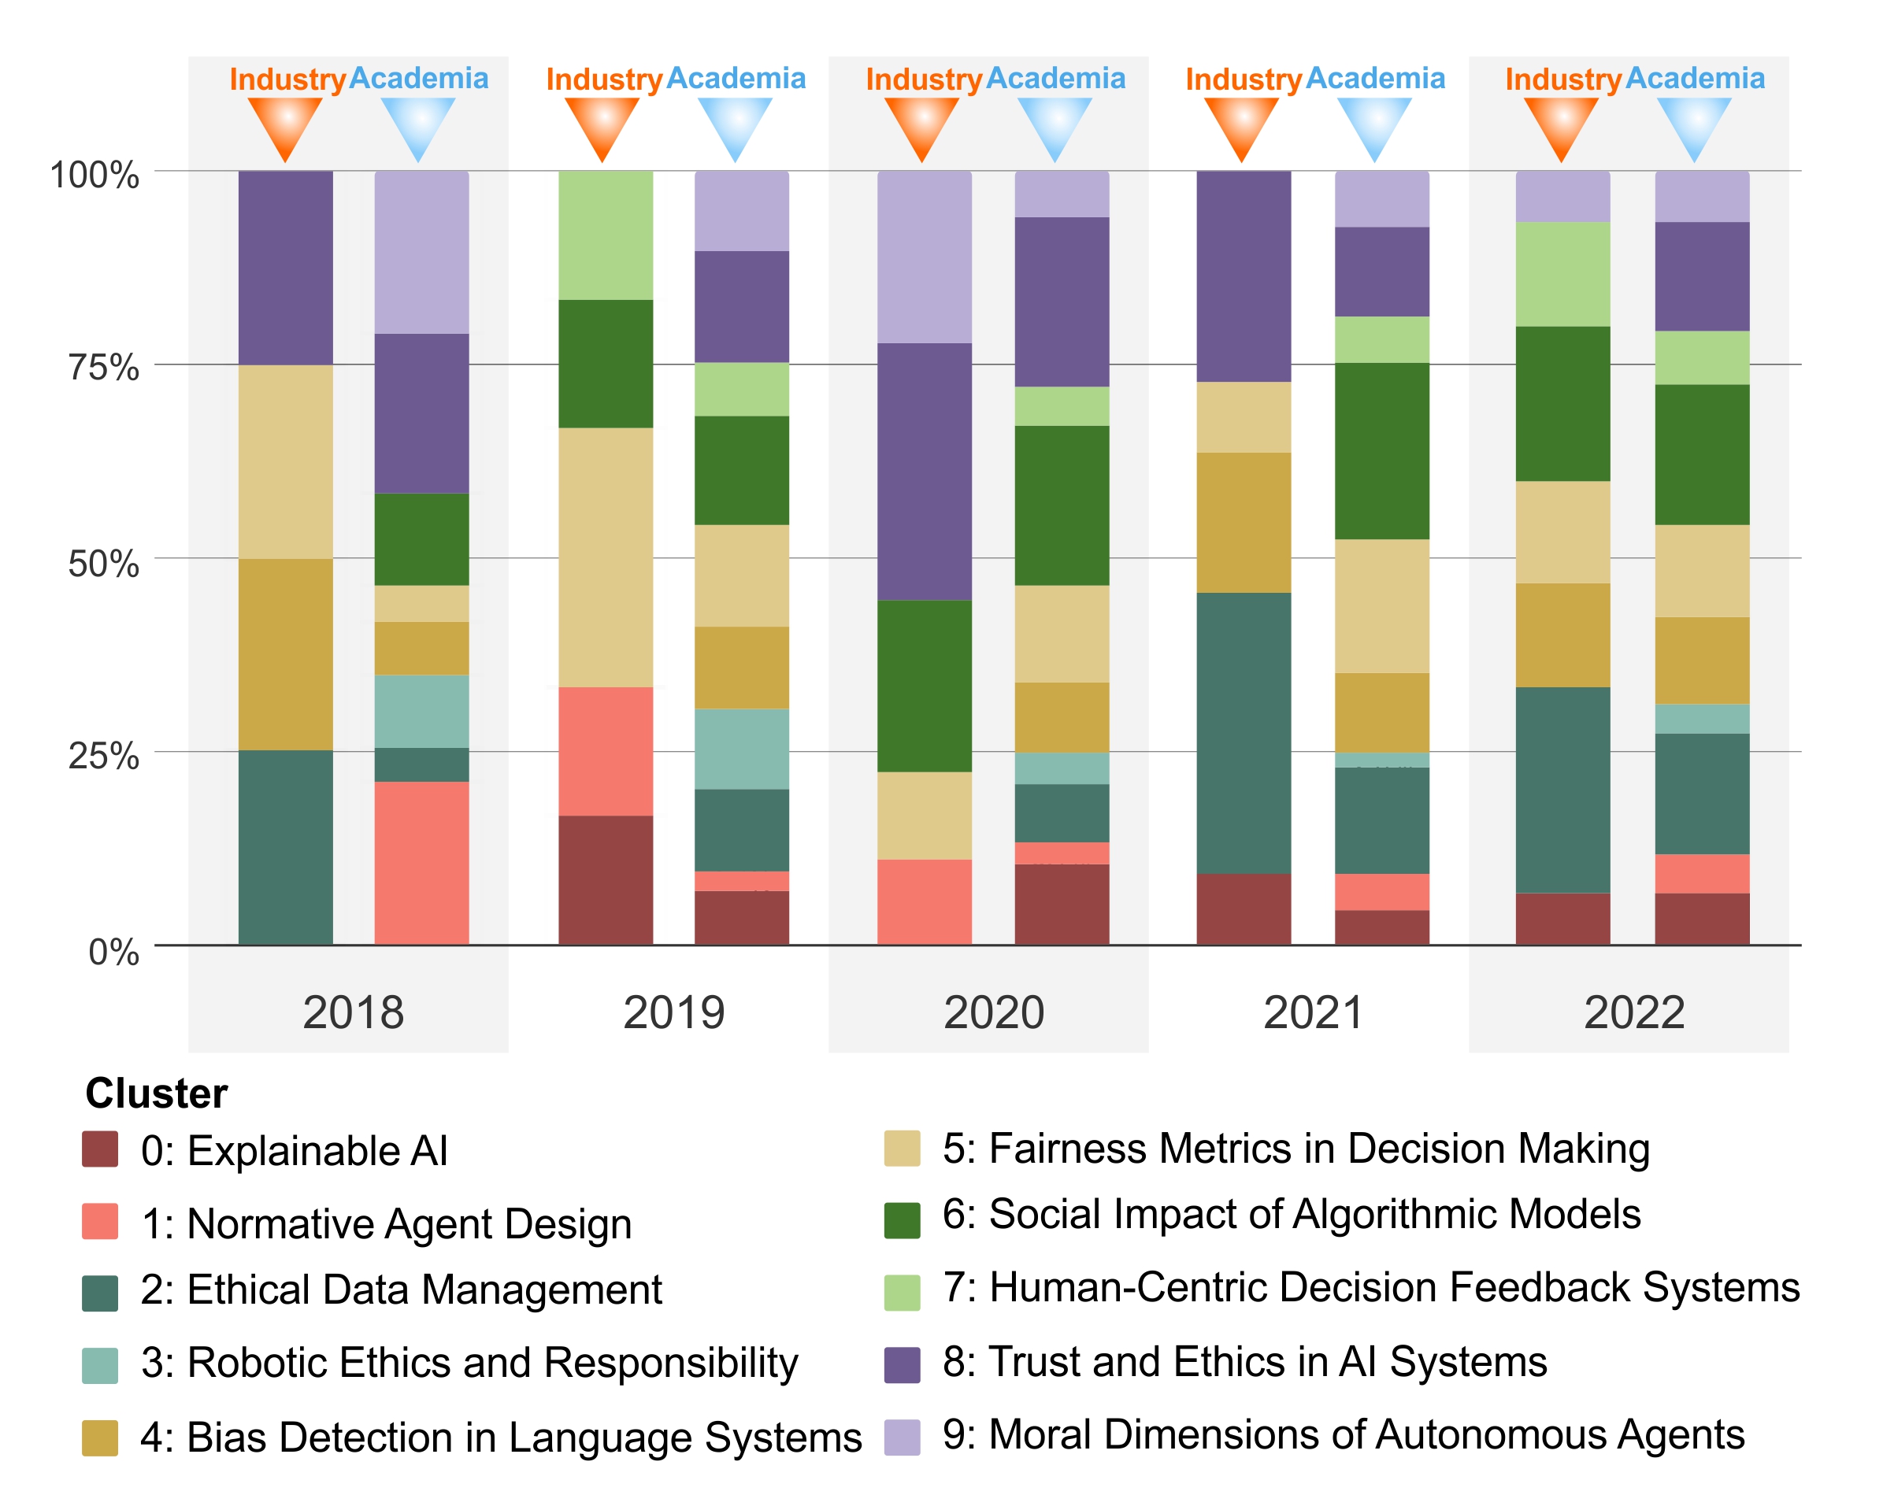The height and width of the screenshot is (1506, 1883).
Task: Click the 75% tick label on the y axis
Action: (x=103, y=368)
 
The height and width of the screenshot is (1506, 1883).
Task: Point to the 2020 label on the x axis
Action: (x=993, y=1012)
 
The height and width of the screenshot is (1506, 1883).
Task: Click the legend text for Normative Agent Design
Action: (x=386, y=1223)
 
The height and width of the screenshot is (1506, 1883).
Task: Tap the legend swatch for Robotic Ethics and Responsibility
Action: (x=99, y=1365)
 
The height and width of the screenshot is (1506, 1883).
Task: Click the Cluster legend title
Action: (x=157, y=1093)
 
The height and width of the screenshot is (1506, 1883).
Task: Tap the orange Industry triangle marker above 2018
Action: (x=285, y=125)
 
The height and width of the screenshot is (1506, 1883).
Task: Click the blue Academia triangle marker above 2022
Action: (x=1694, y=125)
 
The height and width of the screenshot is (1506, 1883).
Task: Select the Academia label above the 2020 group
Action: (x=1056, y=79)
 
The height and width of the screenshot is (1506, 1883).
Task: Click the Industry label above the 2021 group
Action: (x=1243, y=80)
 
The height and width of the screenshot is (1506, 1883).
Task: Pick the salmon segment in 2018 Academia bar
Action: (x=422, y=863)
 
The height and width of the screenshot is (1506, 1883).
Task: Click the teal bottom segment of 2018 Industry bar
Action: (x=286, y=847)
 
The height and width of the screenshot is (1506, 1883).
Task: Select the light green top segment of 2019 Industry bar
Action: (x=606, y=235)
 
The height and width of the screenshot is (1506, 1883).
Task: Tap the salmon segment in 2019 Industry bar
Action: (x=606, y=751)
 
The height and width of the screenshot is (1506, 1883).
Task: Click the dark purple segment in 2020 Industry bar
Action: (x=924, y=472)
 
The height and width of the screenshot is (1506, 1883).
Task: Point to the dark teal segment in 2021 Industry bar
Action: (x=1244, y=734)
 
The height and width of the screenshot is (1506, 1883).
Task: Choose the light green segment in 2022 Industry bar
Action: (x=1562, y=274)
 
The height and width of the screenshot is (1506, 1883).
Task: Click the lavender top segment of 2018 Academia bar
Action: (x=422, y=252)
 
